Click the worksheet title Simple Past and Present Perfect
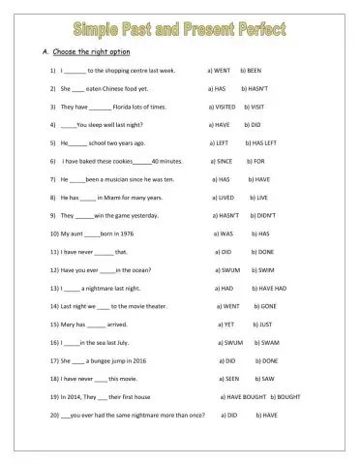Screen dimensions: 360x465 [179, 27]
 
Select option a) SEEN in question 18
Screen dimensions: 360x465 [229, 379]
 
